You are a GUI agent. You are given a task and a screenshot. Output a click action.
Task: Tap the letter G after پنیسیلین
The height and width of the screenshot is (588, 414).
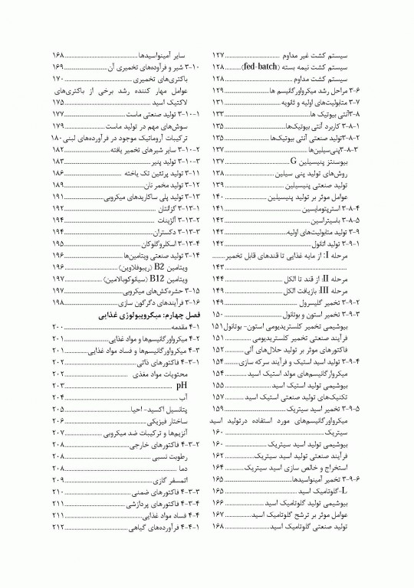[294, 162]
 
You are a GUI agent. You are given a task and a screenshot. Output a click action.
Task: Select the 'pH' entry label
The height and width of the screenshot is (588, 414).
[182, 386]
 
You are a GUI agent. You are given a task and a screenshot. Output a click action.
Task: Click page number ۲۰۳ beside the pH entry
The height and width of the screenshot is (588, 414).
[58, 386]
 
